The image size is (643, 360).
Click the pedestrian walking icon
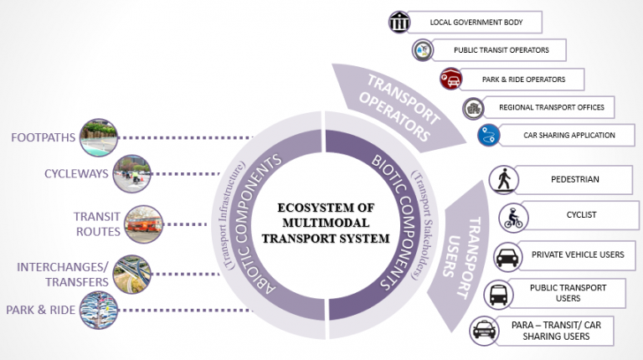click(x=505, y=180)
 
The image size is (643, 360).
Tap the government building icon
click(x=400, y=22)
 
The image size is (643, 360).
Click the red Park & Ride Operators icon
click(x=450, y=80)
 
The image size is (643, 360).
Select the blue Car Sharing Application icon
click(x=488, y=135)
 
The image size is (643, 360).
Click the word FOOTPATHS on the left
click(x=44, y=137)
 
